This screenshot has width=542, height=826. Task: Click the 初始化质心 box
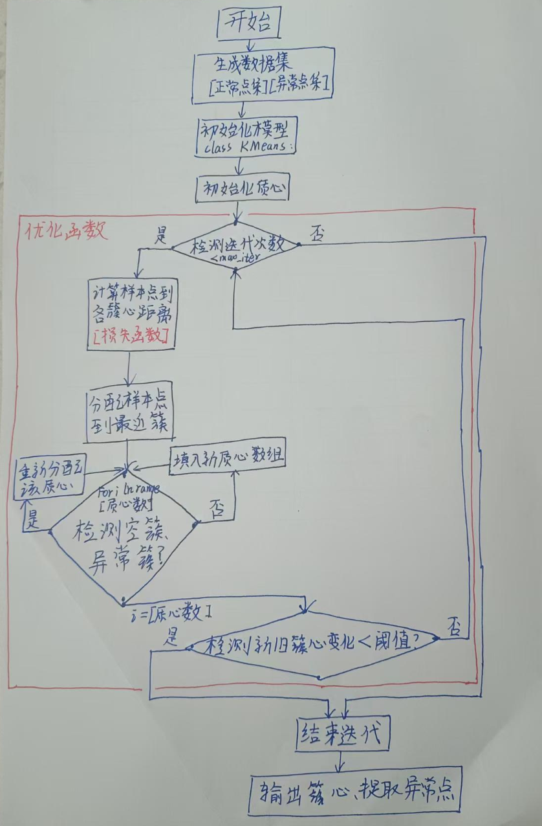click(243, 188)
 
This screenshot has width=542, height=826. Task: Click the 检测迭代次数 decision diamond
click(235, 247)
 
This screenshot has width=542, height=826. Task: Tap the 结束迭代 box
click(343, 735)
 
